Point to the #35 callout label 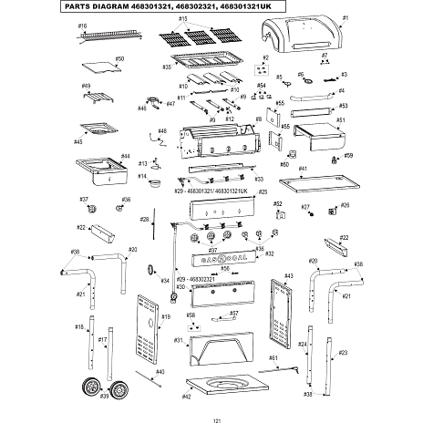click(168, 67)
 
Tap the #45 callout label click(77, 141)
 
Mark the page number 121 click(216, 418)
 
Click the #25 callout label click(263, 192)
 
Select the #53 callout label click(343, 106)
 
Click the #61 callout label click(273, 357)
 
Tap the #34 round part click(150, 271)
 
